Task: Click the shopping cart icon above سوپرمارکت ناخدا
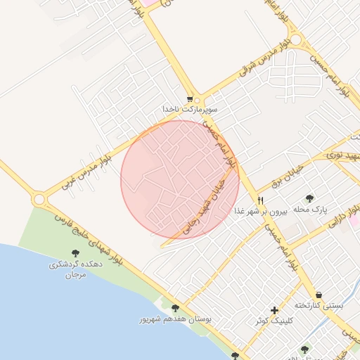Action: (190, 99)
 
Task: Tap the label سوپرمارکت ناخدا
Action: (190, 110)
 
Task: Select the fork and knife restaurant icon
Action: (261, 200)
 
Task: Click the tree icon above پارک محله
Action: (310, 198)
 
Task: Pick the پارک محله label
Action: (310, 210)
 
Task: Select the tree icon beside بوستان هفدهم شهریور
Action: (175, 308)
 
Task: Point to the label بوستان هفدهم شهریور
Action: (174, 319)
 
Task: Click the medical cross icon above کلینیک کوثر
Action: (274, 310)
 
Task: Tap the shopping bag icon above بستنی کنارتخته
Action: (319, 295)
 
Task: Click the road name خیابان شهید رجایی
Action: (202, 204)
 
